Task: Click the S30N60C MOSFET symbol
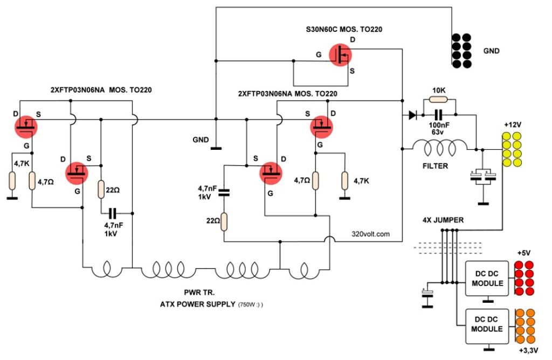[x=340, y=55]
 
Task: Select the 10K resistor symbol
[x=439, y=100]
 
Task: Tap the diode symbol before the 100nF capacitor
[x=412, y=115]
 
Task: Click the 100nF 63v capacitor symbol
[x=438, y=115]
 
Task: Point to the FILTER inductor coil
[x=440, y=147]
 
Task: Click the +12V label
[x=513, y=125]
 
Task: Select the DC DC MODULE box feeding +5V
[x=487, y=279]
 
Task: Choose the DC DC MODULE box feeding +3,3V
[x=487, y=326]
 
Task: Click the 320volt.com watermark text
[x=370, y=234]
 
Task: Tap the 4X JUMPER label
[x=443, y=220]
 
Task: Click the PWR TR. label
[x=199, y=293]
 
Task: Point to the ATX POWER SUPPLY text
[x=197, y=304]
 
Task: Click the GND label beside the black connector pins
[x=491, y=51]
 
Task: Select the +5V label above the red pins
[x=524, y=253]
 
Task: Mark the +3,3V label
[x=529, y=350]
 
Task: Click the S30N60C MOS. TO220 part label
[x=344, y=29]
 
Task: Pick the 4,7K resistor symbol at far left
[x=12, y=180]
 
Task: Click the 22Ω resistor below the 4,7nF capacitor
[x=224, y=221]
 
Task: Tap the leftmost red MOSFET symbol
[x=26, y=127]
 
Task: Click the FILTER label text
[x=435, y=166]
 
